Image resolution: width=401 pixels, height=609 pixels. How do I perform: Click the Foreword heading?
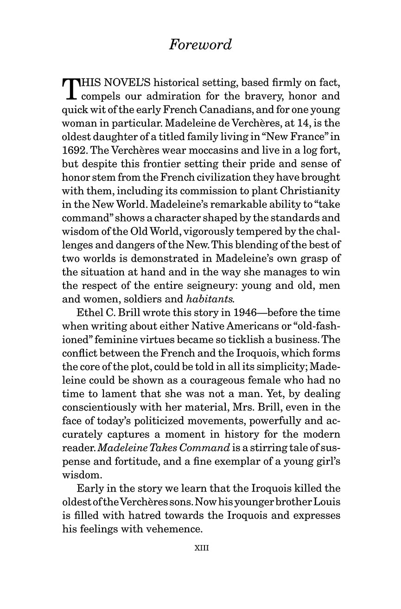coord(200,45)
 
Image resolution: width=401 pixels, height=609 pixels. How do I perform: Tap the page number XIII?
coord(201,547)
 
